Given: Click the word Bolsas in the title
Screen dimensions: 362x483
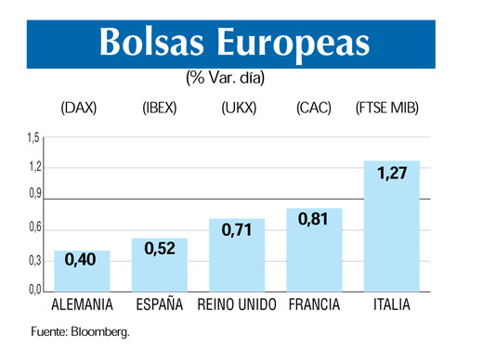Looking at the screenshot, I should tap(153, 42).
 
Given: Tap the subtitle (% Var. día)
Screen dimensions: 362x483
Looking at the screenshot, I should tap(226, 79).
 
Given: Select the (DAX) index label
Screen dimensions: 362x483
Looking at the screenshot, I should tap(78, 109).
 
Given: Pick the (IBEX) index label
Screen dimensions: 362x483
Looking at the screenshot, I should tap(160, 109).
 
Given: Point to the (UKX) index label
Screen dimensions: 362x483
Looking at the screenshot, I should tap(239, 109).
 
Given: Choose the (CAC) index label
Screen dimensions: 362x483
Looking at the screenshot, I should tap(314, 109).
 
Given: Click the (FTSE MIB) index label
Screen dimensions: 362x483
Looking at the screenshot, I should tap(387, 109).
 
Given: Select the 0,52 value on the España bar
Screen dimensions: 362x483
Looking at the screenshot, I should tap(160, 249).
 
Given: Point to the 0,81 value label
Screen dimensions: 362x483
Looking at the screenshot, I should tap(314, 221).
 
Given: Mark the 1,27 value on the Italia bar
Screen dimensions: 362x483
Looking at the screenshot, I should tap(392, 173).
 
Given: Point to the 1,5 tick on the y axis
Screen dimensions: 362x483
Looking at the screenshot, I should tap(32, 138).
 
